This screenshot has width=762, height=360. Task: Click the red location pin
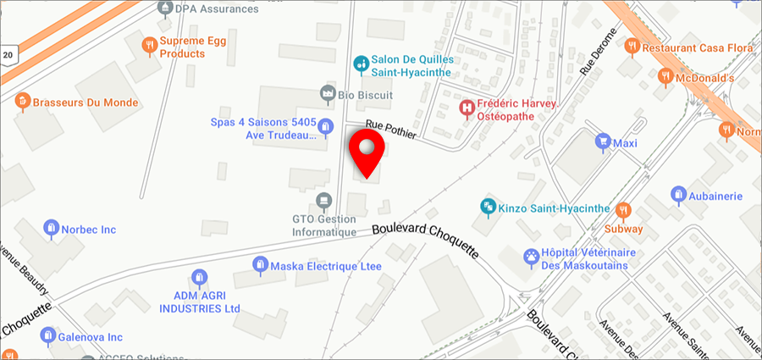click(x=367, y=152)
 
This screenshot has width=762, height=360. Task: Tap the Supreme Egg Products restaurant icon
click(x=149, y=45)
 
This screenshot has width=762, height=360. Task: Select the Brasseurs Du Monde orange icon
click(x=22, y=102)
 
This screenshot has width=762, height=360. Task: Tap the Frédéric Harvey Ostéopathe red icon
click(x=466, y=108)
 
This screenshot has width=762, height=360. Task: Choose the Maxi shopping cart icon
click(x=603, y=141)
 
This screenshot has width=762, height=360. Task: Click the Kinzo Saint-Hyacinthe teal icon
click(x=488, y=206)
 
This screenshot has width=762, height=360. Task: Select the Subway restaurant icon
click(x=623, y=210)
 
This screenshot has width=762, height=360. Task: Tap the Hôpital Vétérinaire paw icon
click(x=531, y=256)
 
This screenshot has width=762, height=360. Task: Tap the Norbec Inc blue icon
click(x=51, y=229)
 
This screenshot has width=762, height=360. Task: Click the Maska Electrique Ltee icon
click(x=260, y=266)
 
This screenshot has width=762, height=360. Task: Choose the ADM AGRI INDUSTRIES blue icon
click(x=198, y=278)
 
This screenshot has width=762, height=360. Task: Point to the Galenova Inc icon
click(x=47, y=336)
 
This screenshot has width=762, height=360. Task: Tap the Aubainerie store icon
click(x=677, y=195)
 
